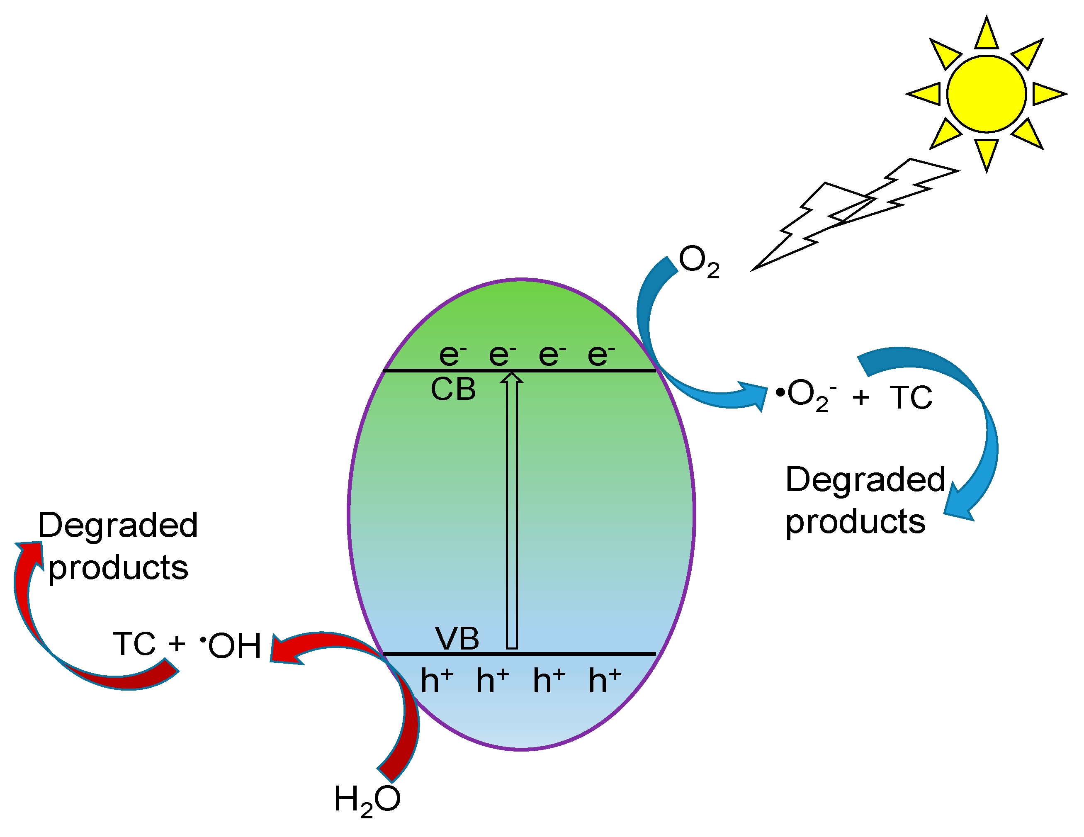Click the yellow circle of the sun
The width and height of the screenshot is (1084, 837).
click(986, 94)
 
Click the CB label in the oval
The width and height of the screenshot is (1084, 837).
click(453, 390)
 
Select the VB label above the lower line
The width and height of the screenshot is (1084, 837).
click(457, 638)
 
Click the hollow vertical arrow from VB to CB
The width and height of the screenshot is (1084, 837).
click(512, 511)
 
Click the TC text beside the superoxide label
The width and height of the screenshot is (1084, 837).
click(911, 397)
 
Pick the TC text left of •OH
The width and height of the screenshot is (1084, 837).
click(134, 644)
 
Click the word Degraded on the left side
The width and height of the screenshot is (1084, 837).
click(118, 525)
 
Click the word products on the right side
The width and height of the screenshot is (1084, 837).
click(855, 521)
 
